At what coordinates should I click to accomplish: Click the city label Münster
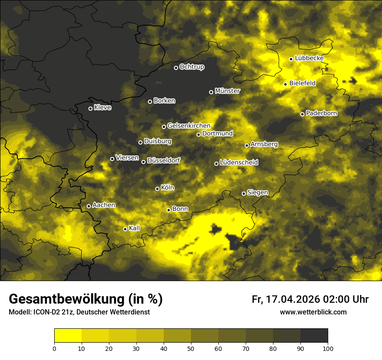click(227, 91)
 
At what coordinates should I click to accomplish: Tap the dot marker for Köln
click(158, 189)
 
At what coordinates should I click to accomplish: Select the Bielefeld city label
click(302, 83)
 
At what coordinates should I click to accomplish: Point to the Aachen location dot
click(89, 206)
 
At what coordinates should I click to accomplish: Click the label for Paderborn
click(321, 113)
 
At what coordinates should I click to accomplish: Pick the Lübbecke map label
click(309, 58)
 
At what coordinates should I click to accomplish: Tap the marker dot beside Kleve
click(90, 108)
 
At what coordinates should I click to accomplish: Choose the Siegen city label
click(257, 193)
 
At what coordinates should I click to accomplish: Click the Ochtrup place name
click(191, 67)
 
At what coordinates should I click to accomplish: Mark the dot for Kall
click(125, 229)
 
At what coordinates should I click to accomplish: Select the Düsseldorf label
click(164, 161)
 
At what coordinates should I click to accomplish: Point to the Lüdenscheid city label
click(239, 163)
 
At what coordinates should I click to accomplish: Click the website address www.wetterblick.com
click(313, 312)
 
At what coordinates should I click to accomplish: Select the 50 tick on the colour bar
click(191, 348)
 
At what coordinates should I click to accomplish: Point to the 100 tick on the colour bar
click(328, 348)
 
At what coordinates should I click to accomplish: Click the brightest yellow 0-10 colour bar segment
click(68, 336)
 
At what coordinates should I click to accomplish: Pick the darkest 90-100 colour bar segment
click(314, 336)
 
